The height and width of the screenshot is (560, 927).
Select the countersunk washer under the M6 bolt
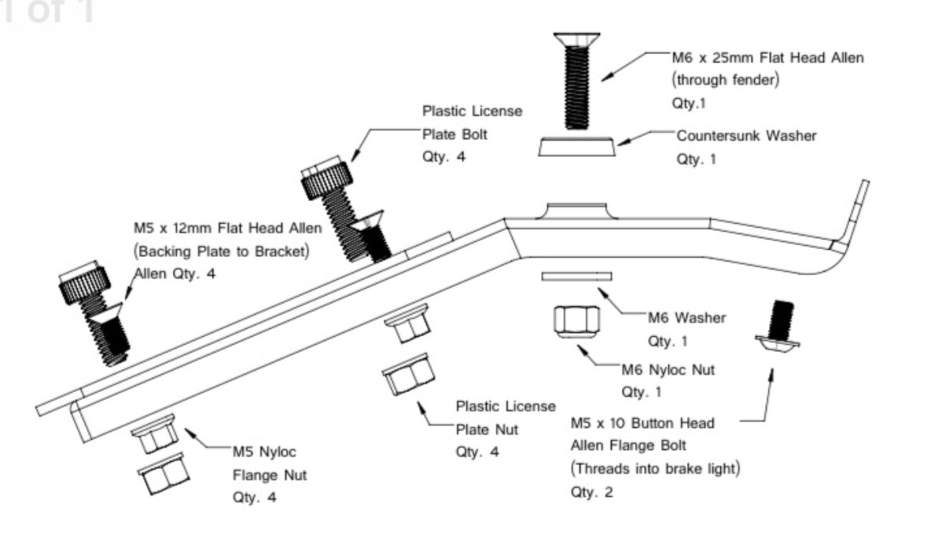(x=578, y=147)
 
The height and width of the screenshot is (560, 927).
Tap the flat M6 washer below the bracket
(x=576, y=276)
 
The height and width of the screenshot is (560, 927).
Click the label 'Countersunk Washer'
(x=746, y=136)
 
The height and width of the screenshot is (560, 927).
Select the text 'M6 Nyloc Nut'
(x=668, y=370)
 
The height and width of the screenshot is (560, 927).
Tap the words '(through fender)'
(x=725, y=80)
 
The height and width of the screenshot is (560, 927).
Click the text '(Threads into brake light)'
(x=656, y=469)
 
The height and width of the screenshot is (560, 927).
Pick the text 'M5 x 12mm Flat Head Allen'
(x=227, y=229)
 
